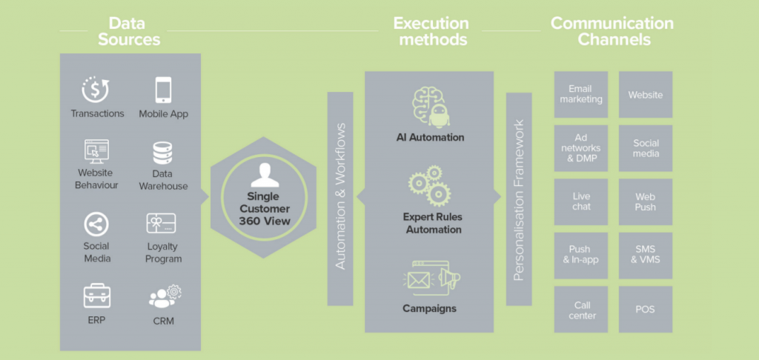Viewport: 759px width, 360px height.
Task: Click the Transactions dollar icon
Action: pyautogui.click(x=96, y=90)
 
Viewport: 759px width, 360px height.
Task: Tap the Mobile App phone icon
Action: pyautogui.click(x=164, y=90)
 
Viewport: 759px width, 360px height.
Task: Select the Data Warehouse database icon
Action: pyautogui.click(x=163, y=153)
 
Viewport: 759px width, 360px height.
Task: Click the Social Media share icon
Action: pyautogui.click(x=96, y=224)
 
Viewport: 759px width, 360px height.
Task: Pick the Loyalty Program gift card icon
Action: pyautogui.click(x=163, y=224)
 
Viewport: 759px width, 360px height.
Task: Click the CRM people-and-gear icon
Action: pyautogui.click(x=163, y=296)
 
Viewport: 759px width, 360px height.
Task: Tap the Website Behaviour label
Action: pyautogui.click(x=96, y=179)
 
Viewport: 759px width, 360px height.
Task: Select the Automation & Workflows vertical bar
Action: pyautogui.click(x=340, y=198)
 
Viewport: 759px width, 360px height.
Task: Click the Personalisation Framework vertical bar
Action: pyautogui.click(x=519, y=199)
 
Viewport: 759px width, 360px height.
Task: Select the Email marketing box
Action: pyautogui.click(x=580, y=95)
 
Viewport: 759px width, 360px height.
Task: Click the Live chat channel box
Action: pyautogui.click(x=580, y=201)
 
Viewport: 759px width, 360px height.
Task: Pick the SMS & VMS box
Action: pyautogui.click(x=646, y=255)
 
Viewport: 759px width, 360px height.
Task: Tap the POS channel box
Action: pyautogui.click(x=646, y=309)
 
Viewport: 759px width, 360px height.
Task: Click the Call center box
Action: pyautogui.click(x=580, y=309)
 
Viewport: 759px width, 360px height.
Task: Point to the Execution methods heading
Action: pyautogui.click(x=431, y=31)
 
